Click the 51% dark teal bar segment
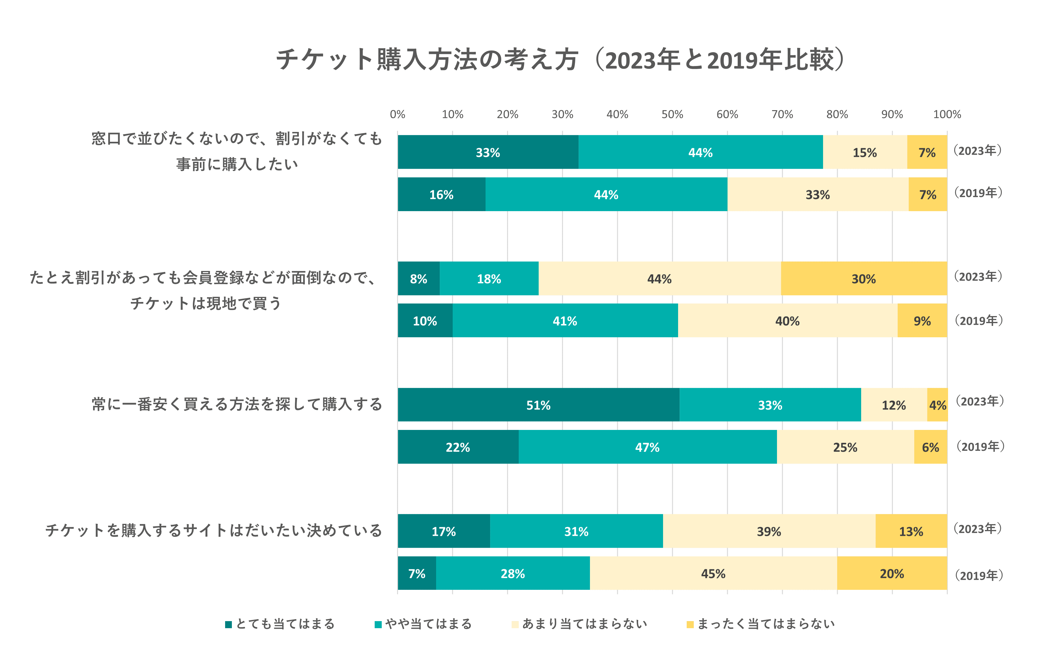538,405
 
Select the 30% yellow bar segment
864,279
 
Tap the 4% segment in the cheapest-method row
937,405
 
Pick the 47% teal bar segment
647,447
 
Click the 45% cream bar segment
713,573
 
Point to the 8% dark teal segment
419,279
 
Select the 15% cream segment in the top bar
865,152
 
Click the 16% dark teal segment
441,194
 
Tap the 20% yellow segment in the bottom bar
892,573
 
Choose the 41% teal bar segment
565,321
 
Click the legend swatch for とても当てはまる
228,624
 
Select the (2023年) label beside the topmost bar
978,150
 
